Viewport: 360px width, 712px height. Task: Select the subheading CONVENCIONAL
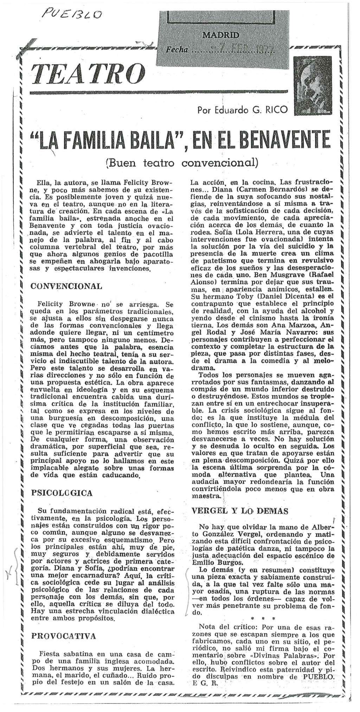click(67, 286)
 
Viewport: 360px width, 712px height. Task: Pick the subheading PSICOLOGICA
click(62, 493)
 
